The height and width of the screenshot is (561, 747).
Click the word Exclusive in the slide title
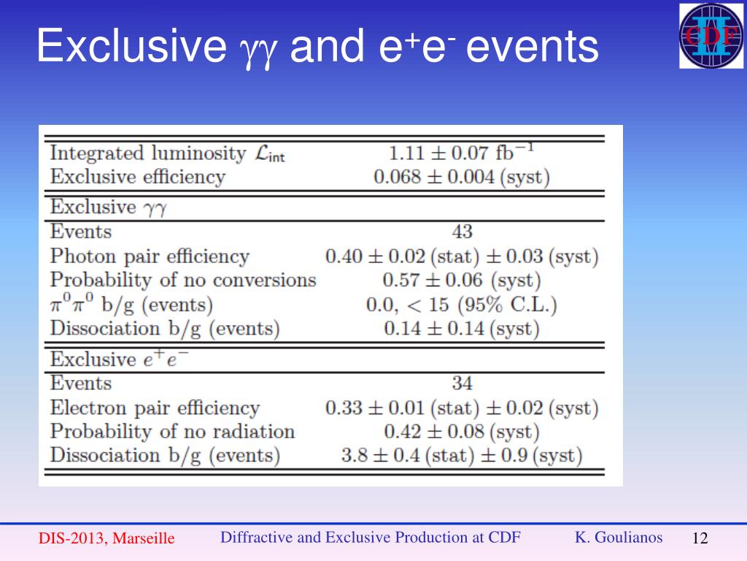(132, 45)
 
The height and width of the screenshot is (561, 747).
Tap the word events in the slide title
(532, 46)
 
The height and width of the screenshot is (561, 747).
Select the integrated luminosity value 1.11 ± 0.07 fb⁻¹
(461, 153)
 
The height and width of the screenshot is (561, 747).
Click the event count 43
(462, 232)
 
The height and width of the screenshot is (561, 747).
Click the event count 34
(462, 383)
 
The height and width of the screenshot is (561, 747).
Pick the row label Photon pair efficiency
(150, 256)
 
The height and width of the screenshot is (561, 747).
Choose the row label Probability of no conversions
(183, 280)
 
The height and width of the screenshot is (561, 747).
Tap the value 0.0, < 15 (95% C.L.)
(461, 305)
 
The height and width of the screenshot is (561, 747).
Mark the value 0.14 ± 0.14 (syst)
(461, 329)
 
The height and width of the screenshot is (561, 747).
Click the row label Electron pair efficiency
(155, 408)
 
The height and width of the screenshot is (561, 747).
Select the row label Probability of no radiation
(172, 432)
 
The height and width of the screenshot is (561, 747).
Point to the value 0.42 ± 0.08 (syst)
(461, 432)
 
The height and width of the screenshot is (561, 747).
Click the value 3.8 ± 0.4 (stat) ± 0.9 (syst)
(461, 456)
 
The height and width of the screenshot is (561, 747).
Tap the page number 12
(700, 538)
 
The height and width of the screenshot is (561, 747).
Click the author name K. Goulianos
(619, 537)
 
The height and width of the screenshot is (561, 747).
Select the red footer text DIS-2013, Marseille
(107, 538)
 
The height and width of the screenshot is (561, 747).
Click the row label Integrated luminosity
(148, 153)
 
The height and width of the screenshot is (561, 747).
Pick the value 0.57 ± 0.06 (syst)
(461, 280)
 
